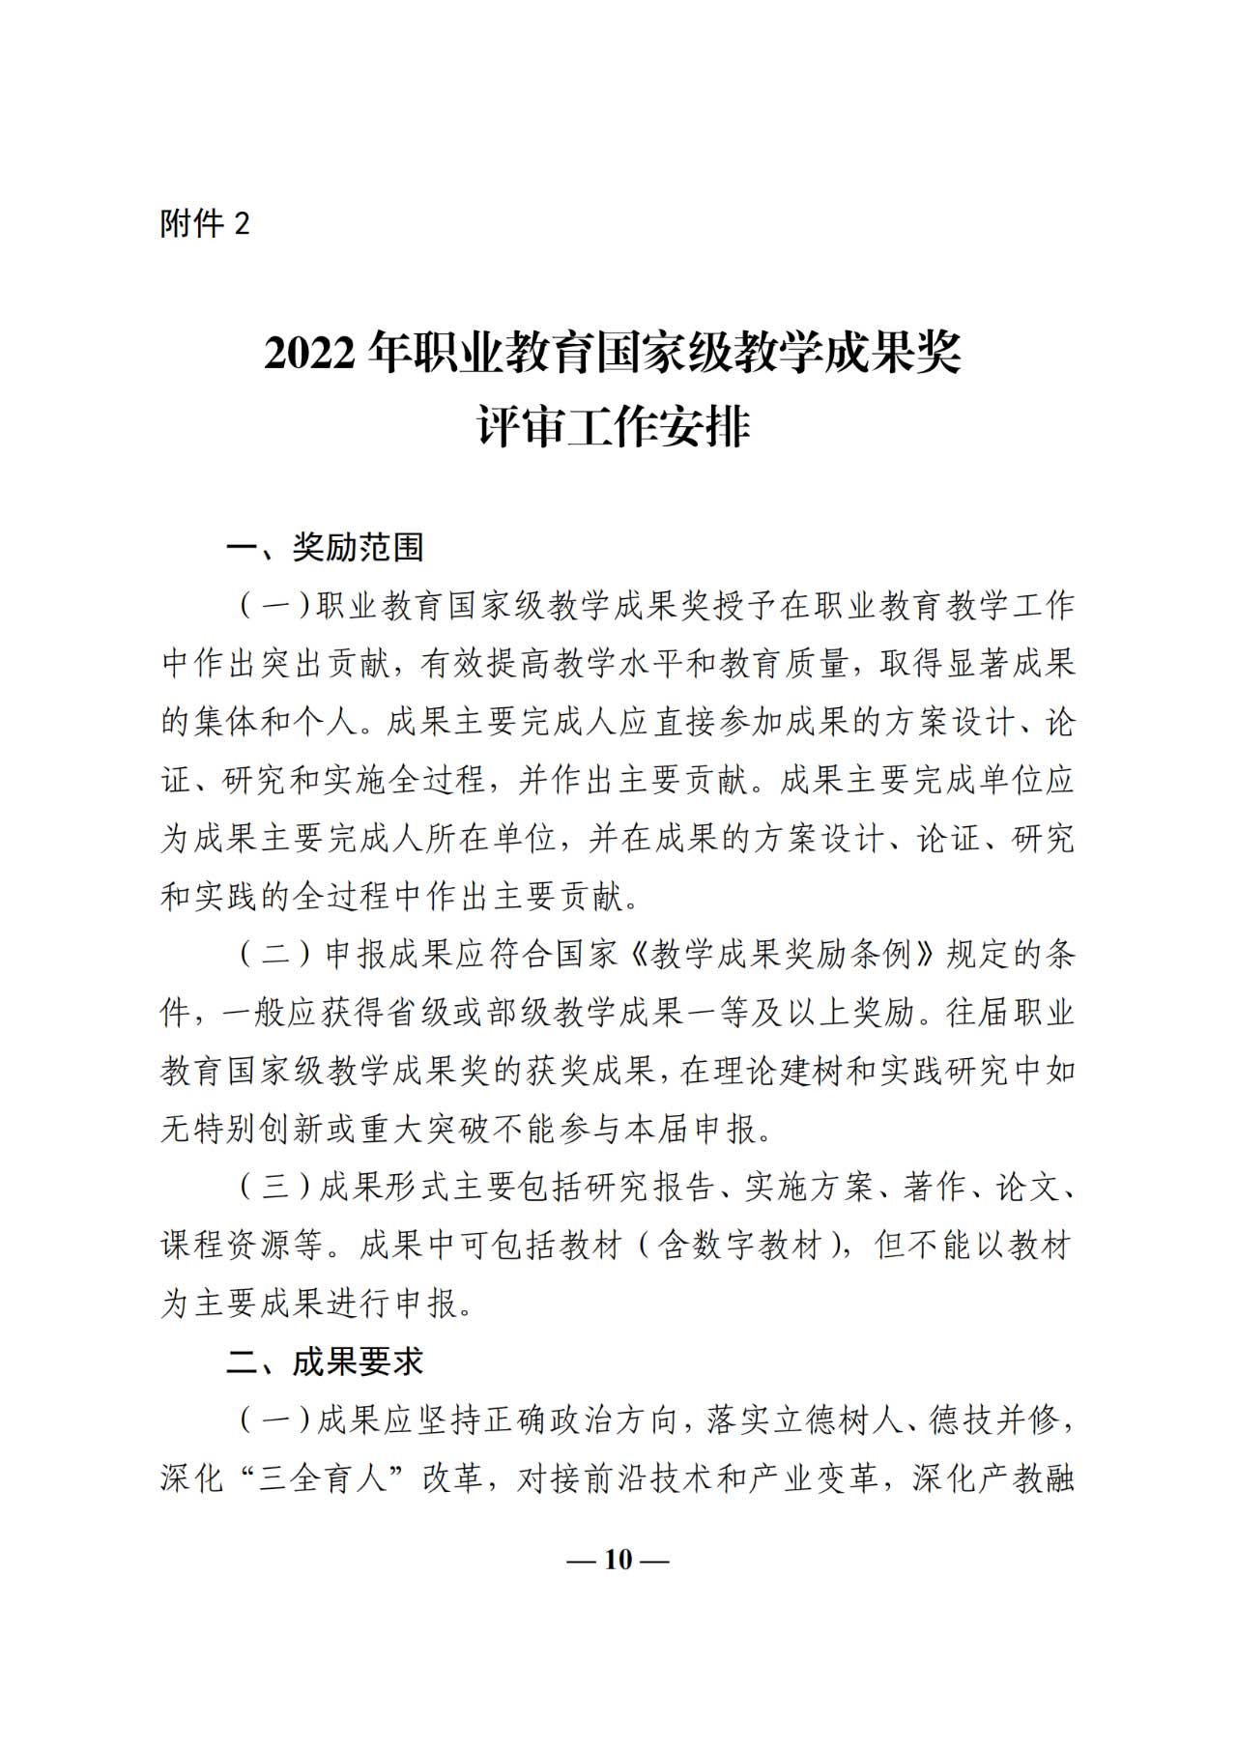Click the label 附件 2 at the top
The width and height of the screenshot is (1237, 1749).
click(205, 224)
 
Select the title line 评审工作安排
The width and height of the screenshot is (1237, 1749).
click(614, 428)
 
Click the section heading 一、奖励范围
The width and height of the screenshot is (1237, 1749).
click(325, 548)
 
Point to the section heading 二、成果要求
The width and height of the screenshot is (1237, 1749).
click(325, 1362)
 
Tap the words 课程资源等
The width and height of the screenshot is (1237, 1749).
click(242, 1246)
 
